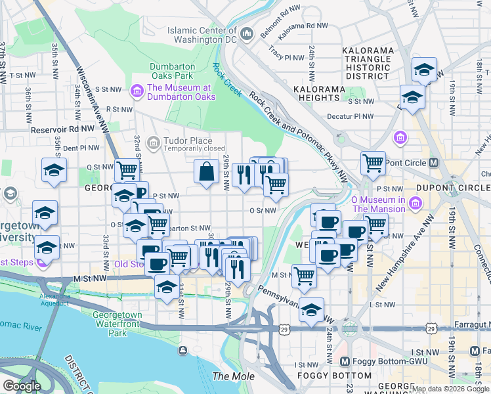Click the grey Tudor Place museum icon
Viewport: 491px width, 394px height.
tap(153, 141)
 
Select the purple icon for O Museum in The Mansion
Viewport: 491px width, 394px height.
tap(415, 204)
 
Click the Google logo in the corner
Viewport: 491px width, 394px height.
tap(22, 386)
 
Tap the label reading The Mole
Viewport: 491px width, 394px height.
tap(228, 376)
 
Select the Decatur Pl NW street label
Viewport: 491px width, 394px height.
tap(351, 116)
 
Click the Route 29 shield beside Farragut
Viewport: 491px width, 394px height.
tap(430, 326)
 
